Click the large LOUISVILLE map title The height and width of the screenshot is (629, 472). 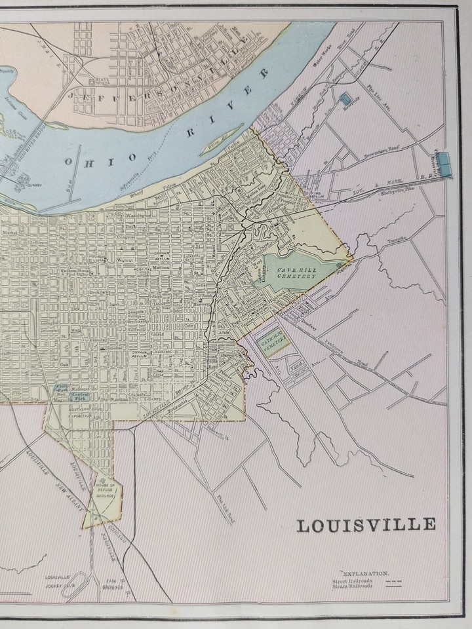click(366, 525)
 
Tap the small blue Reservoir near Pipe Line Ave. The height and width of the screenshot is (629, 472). click(345, 98)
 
